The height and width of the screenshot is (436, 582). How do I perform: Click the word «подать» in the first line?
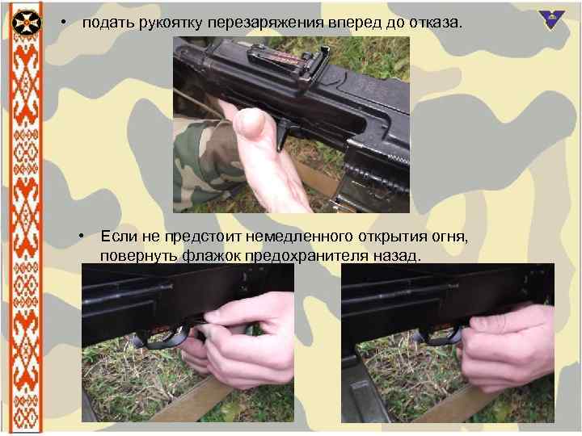pos(108,23)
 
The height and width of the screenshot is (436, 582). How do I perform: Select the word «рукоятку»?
pos(171,23)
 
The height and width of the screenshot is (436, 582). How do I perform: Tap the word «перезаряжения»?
pos(265,23)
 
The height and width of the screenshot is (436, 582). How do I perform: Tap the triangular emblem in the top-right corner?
pos(552,17)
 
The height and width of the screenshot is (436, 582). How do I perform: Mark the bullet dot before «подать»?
pos(62,22)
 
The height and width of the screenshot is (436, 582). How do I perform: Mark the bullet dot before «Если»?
pos(82,236)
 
